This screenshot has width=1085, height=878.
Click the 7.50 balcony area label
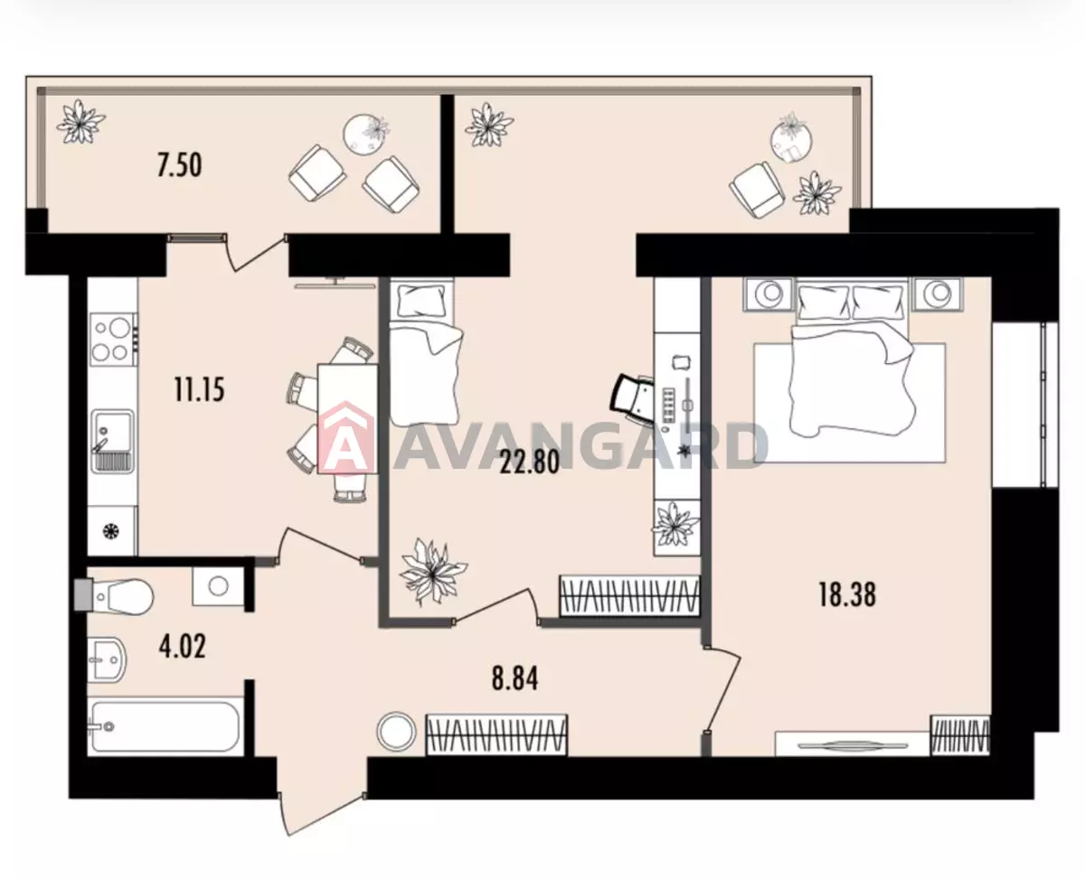click(179, 165)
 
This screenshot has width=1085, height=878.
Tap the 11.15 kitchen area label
click(199, 390)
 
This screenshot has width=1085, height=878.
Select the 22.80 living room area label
click(529, 462)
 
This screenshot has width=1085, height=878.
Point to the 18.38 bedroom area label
click(847, 594)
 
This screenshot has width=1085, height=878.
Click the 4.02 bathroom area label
click(182, 647)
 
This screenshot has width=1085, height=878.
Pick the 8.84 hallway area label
click(514, 678)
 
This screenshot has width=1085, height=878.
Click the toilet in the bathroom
click(114, 595)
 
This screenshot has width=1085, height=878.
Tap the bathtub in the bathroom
click(164, 726)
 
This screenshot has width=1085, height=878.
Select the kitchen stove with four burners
click(113, 339)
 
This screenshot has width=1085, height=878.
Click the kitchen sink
click(113, 441)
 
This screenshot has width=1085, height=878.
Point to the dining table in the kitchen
click(347, 418)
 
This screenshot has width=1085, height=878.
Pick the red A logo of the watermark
click(346, 436)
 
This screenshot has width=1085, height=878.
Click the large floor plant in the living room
click(432, 571)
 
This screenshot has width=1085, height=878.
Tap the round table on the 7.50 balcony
click(366, 134)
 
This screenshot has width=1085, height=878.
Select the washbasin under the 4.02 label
click(107, 660)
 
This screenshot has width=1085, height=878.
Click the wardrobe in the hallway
click(496, 734)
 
